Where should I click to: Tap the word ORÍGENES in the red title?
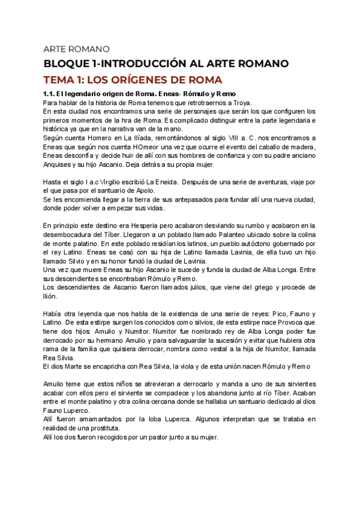(x=140, y=80)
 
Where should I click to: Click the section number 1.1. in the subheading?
(x=52, y=94)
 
